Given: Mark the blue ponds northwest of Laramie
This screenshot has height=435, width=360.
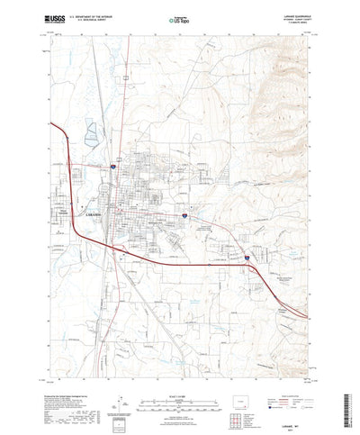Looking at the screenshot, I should [93, 139].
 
